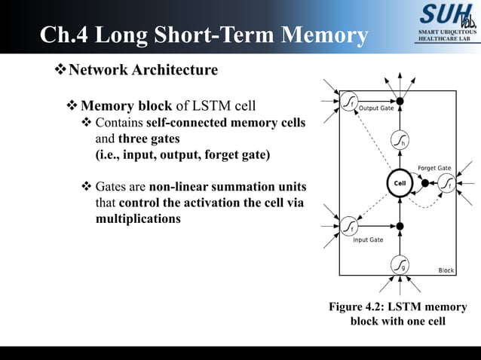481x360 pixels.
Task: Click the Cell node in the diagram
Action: click(400, 183)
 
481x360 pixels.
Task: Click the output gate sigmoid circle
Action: click(349, 101)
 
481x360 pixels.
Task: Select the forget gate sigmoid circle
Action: click(447, 183)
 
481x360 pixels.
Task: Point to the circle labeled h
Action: click(400, 141)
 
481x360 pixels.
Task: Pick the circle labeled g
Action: click(400, 265)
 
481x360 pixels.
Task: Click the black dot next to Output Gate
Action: click(400, 101)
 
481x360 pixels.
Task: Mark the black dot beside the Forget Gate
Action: click(425, 183)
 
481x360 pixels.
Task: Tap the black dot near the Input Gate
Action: click(400, 225)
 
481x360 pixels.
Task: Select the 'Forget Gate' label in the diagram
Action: click(434, 168)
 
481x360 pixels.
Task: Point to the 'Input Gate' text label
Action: click(369, 240)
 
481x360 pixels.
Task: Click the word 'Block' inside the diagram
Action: click(446, 270)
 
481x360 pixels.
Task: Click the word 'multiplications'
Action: click(138, 219)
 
